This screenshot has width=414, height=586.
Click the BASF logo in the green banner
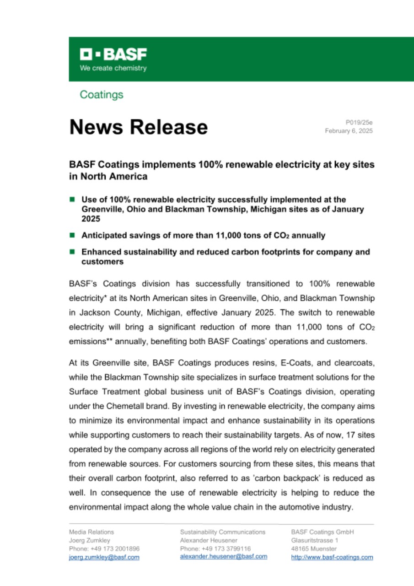point(113,55)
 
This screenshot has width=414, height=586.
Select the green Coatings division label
point(101,95)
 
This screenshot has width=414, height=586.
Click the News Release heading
point(138,127)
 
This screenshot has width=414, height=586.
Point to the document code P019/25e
point(359,123)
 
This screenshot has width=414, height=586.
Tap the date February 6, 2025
point(349,131)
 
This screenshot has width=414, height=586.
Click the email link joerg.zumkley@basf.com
point(104,557)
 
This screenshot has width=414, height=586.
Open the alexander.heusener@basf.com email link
point(223,556)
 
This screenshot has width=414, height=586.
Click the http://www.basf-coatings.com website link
point(332,557)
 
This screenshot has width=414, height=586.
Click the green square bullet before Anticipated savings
point(72,235)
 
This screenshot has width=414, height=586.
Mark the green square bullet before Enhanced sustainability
point(72,252)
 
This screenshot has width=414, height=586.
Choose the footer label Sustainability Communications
point(223,532)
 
